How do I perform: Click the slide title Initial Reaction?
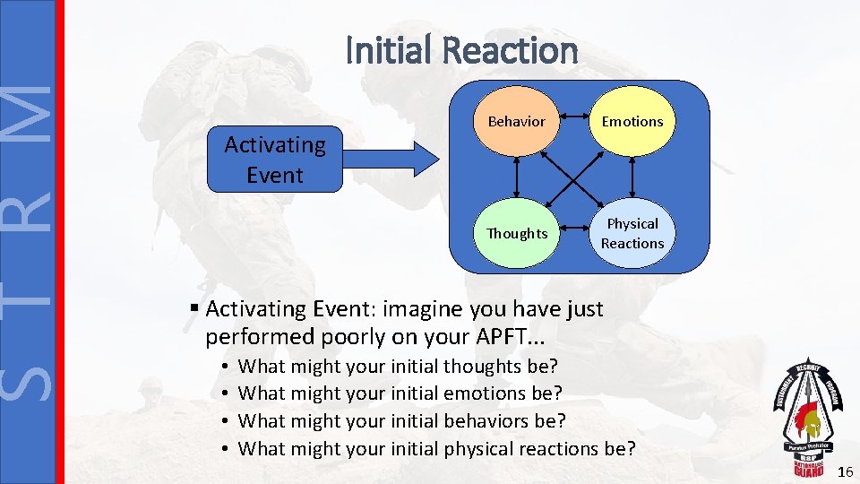coord(461,50)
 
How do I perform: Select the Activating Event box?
coord(274,160)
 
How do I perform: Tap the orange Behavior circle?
coord(516,121)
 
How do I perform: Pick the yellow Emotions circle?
coord(632,121)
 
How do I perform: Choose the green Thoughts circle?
coord(516,234)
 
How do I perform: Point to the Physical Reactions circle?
coord(632,234)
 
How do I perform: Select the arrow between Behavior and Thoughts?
coord(517,177)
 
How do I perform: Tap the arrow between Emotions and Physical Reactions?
coord(632,177)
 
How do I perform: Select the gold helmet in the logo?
coord(810,421)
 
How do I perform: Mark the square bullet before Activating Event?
coord(194,309)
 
